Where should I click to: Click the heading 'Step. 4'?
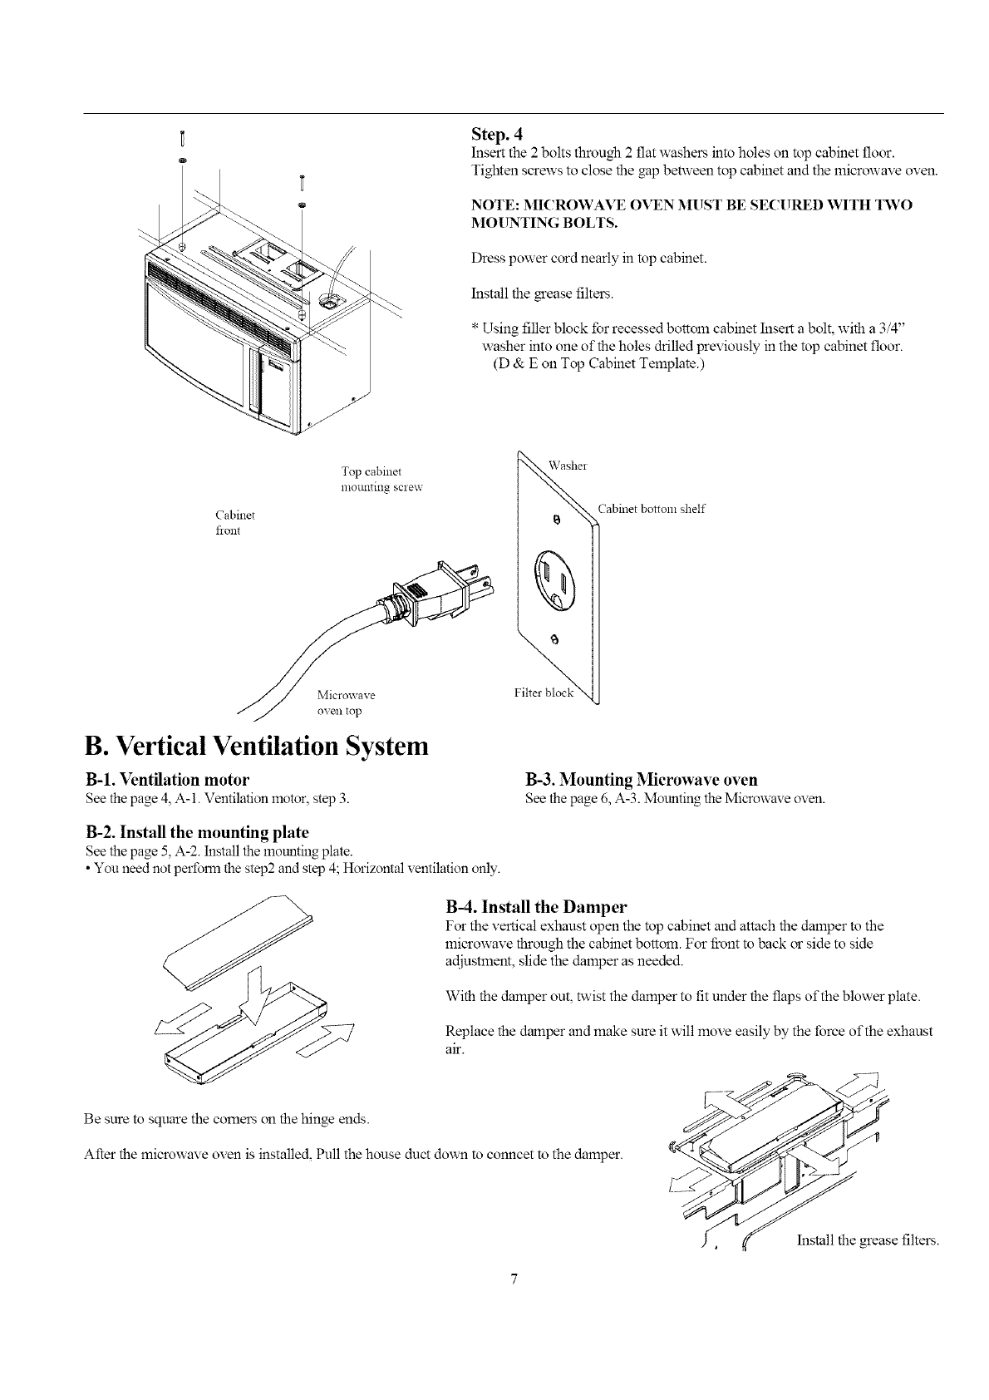coord(495,134)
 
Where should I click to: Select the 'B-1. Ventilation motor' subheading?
coord(167,780)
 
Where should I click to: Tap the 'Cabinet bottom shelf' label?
coord(651,509)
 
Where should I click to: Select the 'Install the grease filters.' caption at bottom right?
coord(868,1240)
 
